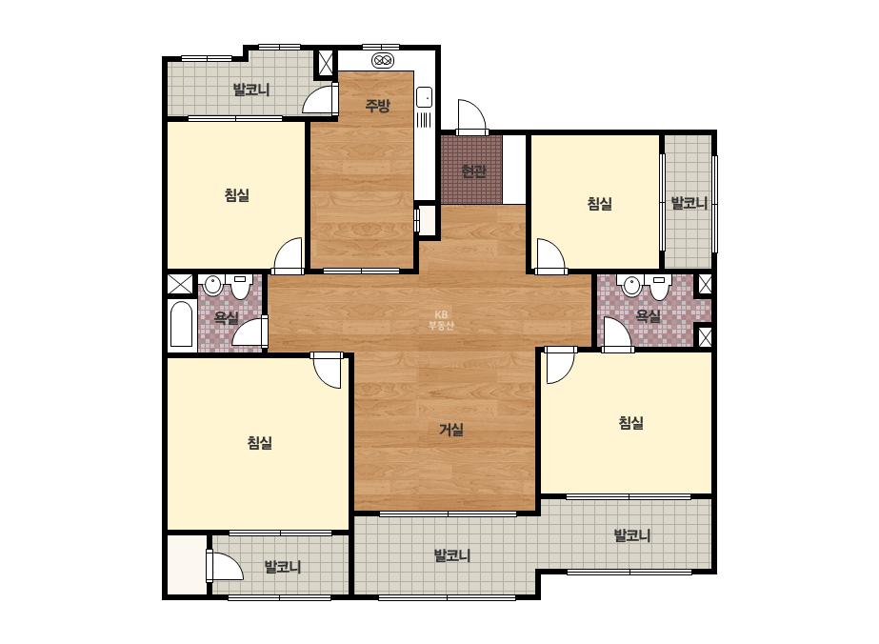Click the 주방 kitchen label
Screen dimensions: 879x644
coord(377,105)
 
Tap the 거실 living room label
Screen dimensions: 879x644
coord(451,430)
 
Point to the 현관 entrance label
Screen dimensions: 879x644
coord(473,171)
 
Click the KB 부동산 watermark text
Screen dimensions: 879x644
coord(441,320)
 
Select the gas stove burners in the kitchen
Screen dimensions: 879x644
coord(384,60)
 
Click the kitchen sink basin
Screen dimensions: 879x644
coord(424,98)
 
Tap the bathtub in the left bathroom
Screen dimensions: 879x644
coord(181,324)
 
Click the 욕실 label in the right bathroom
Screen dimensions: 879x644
coord(648,316)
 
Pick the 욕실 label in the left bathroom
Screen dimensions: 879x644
coord(227,317)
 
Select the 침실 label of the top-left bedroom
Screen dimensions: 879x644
coord(236,195)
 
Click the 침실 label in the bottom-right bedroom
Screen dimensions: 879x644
coord(630,422)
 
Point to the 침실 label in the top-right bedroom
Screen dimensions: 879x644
coord(599,204)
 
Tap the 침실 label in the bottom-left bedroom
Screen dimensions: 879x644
coord(260,443)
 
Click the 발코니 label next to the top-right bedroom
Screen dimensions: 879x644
coord(689,203)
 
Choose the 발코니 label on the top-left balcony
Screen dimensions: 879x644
coord(251,90)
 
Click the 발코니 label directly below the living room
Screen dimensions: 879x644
coord(452,555)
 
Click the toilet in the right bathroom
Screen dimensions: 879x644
coord(659,286)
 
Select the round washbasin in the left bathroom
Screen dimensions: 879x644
coord(212,286)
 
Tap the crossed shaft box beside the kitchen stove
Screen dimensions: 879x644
coord(325,63)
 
